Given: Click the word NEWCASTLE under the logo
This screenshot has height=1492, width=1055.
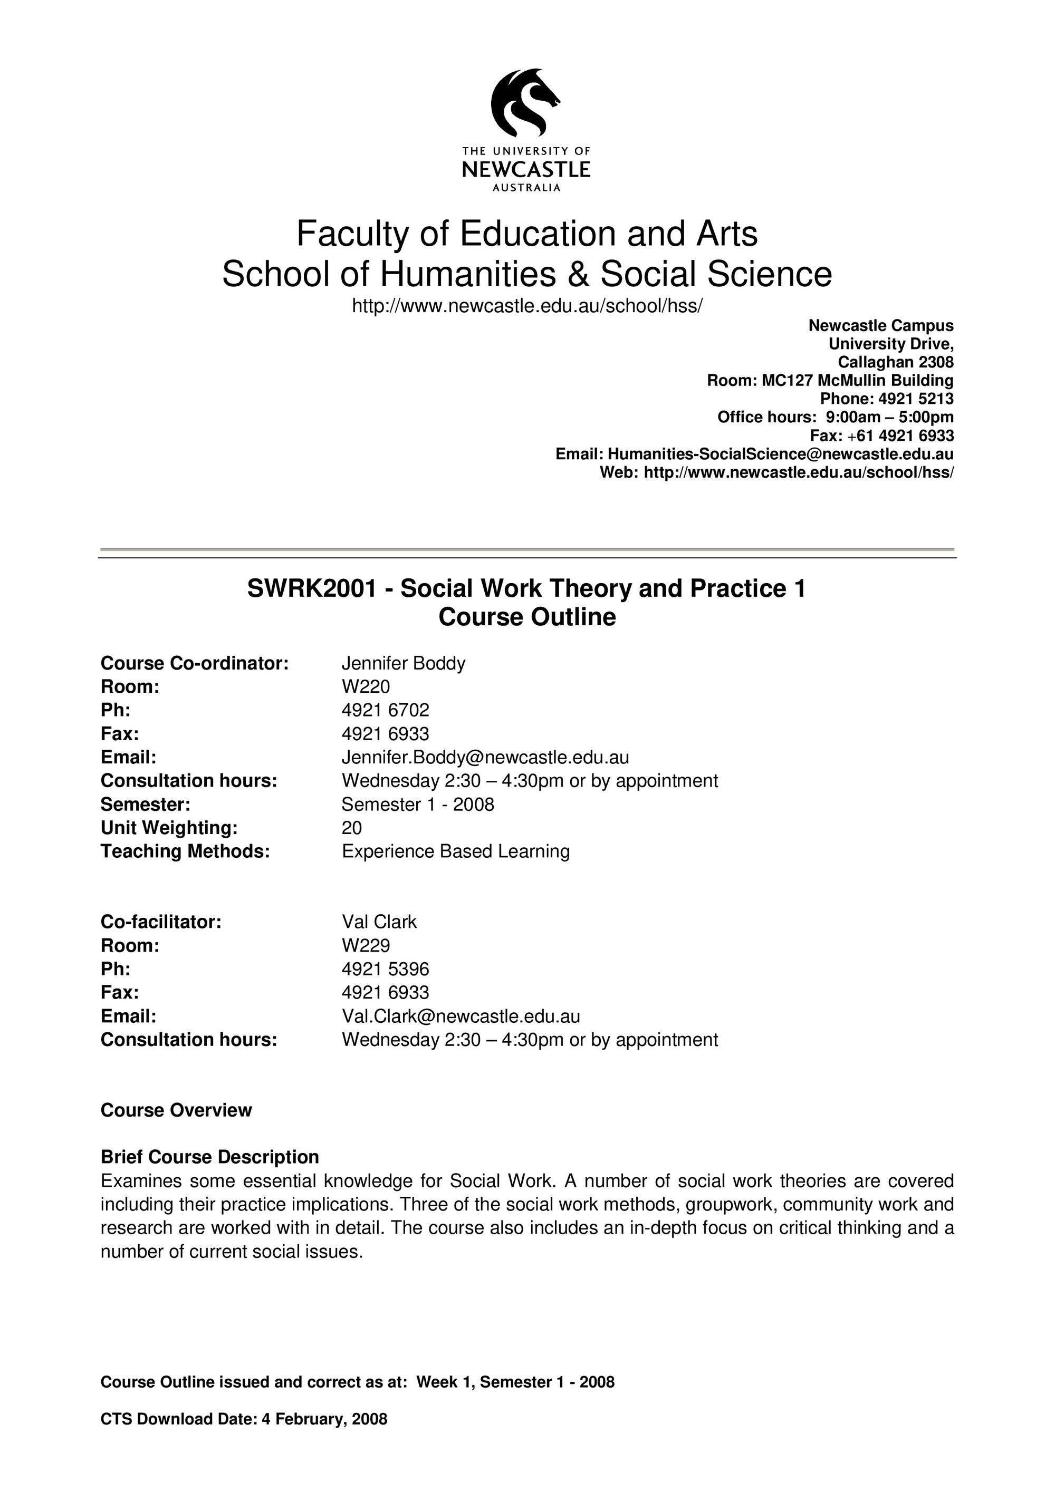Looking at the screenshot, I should (526, 170).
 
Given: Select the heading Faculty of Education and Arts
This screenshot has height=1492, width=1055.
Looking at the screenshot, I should (526, 234).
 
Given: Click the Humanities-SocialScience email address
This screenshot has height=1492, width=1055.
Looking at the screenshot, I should (780, 453).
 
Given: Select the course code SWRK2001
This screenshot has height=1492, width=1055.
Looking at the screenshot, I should (311, 589).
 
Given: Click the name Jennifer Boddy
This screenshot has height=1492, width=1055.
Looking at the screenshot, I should (403, 663).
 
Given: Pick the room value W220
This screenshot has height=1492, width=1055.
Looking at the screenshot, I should (366, 687).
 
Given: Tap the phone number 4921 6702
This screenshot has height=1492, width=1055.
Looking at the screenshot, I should (386, 710).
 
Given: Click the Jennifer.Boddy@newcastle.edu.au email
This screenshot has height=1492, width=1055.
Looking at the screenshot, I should (485, 757).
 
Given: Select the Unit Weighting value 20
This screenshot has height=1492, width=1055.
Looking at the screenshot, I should (352, 828).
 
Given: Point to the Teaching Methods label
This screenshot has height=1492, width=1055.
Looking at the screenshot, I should (185, 851).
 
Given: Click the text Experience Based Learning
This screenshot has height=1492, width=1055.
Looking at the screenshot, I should (455, 851).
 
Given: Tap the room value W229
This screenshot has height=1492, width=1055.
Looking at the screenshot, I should (366, 945).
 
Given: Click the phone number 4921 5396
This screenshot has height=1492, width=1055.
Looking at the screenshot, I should (386, 969).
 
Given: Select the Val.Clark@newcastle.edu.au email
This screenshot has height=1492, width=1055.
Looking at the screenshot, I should (461, 1016).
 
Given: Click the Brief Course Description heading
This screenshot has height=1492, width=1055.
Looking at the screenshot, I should (209, 1157).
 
